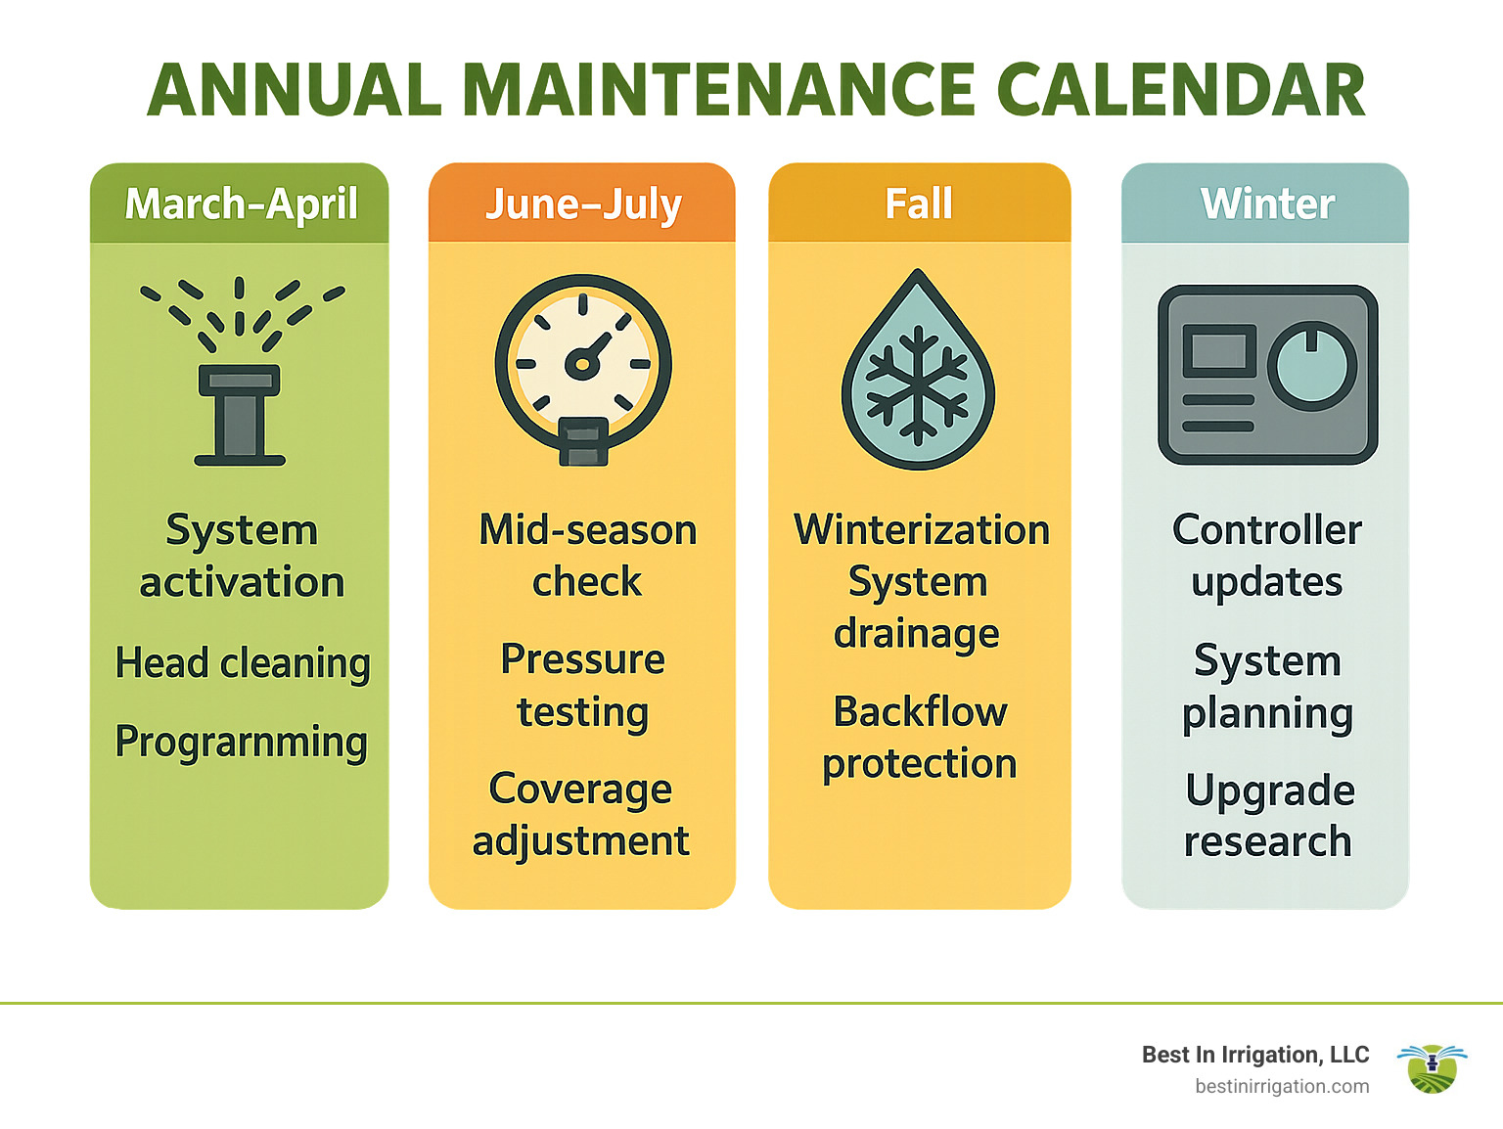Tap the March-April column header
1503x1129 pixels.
coord(241,203)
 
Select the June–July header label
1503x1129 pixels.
coord(583,203)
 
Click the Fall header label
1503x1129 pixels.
coord(919,203)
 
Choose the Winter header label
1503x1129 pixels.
coord(1267,203)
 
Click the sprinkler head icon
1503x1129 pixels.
coord(240,411)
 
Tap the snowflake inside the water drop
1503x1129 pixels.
coord(917,387)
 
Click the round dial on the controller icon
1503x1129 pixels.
coord(1312,367)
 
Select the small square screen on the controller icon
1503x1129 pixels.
coord(1219,350)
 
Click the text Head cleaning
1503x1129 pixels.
coord(242,663)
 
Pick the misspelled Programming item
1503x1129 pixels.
coord(241,742)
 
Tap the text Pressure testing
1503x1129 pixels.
coord(583,686)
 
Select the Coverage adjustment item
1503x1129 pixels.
coord(581,815)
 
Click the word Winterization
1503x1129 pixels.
coord(921,529)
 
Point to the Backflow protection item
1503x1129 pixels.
coord(920,738)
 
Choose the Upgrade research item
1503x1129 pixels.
coord(1268,816)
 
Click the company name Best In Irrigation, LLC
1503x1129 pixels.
coord(1255,1055)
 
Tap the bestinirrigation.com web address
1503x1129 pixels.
coord(1282,1086)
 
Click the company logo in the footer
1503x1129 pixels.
coord(1432,1068)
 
